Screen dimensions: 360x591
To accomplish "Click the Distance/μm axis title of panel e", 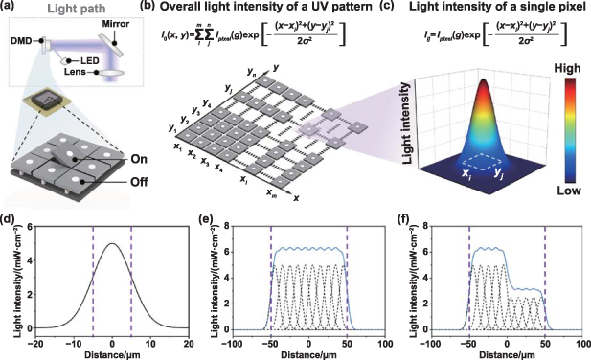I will click(307, 353).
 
